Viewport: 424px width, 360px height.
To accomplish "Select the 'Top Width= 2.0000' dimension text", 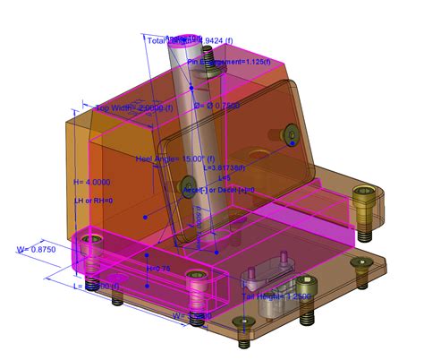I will tap(131, 107).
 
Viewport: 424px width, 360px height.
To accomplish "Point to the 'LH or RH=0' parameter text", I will tap(93, 201).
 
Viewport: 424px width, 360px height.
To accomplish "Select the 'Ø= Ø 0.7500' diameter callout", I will tap(218, 103).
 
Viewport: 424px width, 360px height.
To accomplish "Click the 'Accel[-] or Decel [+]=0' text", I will tap(219, 190).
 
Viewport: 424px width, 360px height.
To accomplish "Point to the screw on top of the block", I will tap(208, 57).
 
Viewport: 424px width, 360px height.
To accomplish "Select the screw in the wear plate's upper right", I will tap(292, 135).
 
